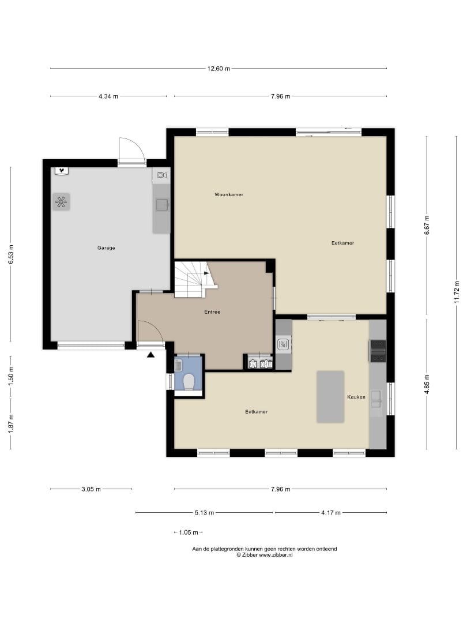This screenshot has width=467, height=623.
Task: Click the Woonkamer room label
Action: [x=228, y=194]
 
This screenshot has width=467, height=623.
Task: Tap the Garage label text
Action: [x=106, y=248]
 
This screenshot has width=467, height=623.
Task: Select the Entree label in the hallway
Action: [x=212, y=312]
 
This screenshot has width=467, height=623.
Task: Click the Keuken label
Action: [x=356, y=397]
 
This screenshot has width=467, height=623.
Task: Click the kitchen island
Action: [x=330, y=397]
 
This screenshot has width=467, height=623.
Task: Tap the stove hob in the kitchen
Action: [x=378, y=351]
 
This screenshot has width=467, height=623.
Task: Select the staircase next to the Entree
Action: [x=193, y=279]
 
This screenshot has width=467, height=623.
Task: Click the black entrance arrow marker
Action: [x=151, y=355]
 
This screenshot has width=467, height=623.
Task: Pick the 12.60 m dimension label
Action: [x=219, y=69]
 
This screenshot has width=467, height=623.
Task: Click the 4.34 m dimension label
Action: [x=108, y=96]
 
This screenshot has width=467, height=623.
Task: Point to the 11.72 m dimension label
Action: [x=457, y=292]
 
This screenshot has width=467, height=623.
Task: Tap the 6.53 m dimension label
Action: [x=10, y=254]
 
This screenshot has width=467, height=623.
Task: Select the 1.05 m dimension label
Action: [x=189, y=532]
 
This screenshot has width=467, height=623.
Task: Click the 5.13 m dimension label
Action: [x=204, y=512]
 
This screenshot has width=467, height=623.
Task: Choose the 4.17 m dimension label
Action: [x=330, y=512]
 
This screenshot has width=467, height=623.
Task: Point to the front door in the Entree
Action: [x=149, y=332]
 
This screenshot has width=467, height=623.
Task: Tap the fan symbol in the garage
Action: [x=61, y=201]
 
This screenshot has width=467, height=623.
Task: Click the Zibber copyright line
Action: [x=265, y=555]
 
